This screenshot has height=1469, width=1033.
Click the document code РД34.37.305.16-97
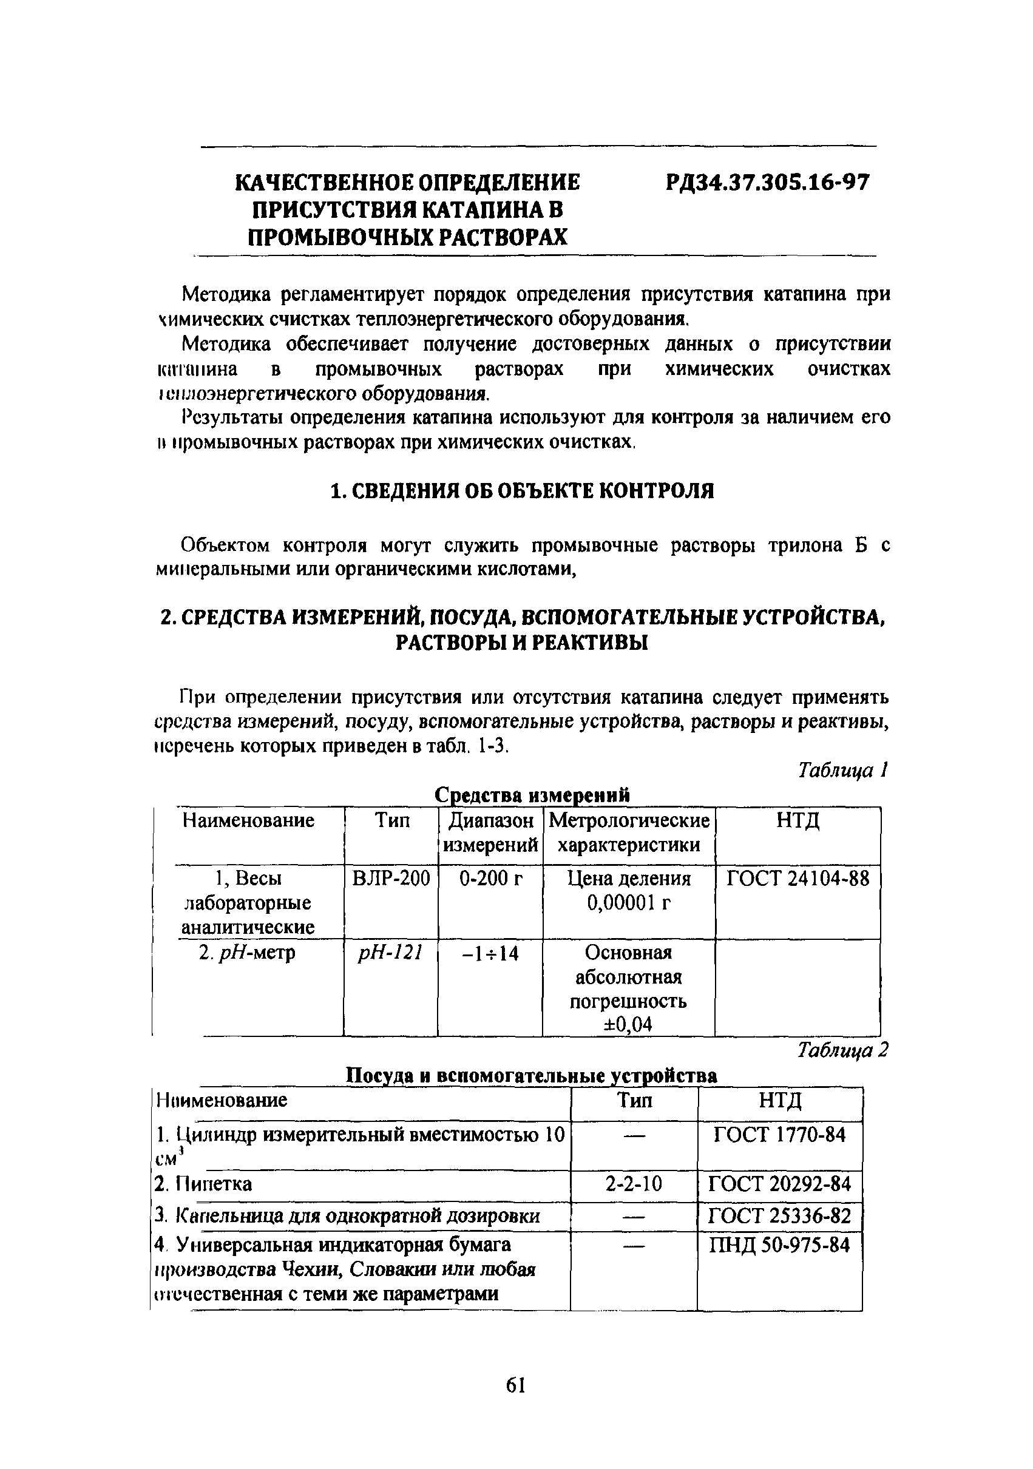[767, 183]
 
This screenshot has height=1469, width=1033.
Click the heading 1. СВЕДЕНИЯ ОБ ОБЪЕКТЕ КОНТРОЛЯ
[521, 491]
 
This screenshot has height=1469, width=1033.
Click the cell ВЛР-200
[391, 879]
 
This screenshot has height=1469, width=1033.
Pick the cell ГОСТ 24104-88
[798, 879]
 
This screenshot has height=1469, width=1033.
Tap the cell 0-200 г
[491, 879]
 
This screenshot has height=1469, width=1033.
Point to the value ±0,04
[627, 1025]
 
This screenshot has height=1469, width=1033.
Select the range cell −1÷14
[490, 954]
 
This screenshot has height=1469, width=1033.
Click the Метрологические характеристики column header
[629, 832]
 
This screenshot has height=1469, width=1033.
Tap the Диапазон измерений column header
[491, 832]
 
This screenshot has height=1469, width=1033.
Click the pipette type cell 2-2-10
[634, 1184]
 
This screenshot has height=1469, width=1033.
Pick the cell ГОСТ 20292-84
[779, 1184]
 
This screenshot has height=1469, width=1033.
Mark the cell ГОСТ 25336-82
[779, 1215]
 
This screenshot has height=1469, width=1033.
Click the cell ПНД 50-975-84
[779, 1245]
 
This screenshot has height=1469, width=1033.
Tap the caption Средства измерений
[532, 795]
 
